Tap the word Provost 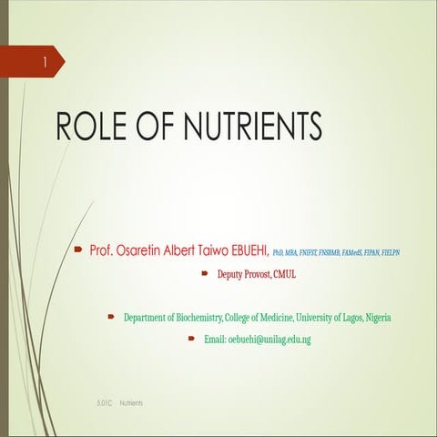point(264,273)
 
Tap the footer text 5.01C point(105,401)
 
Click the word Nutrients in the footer point(131,401)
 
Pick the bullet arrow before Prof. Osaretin point(79,249)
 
